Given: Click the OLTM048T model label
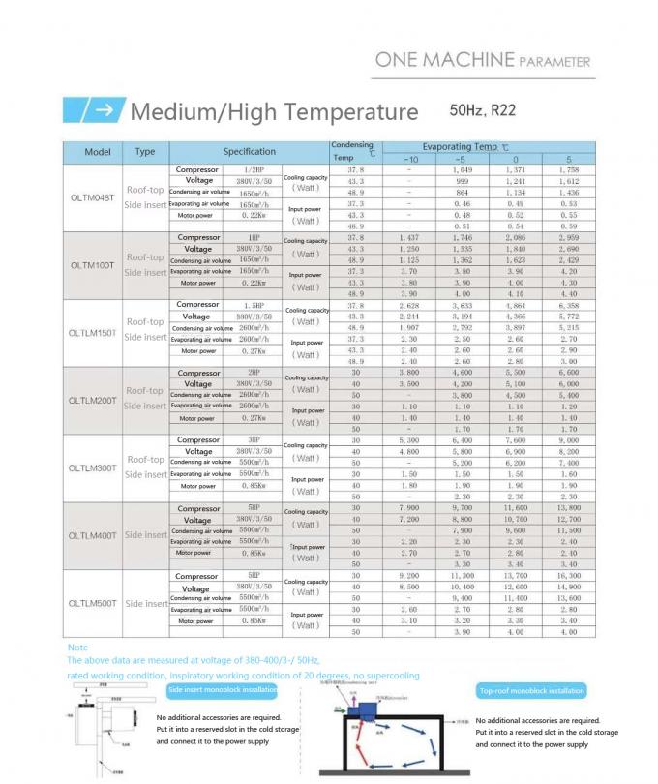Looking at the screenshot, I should click(92, 197).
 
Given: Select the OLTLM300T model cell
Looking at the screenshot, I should click(92, 467).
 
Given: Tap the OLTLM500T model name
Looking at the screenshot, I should click(92, 603).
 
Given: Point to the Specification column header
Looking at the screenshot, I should click(250, 152).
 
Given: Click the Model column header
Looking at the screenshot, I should click(98, 152).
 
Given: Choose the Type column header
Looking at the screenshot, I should click(145, 152).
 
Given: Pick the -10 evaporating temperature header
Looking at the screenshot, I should click(409, 159).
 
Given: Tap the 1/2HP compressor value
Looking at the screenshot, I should click(252, 170).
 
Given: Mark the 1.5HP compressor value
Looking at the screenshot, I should click(252, 305).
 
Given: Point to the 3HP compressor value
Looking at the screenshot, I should click(252, 440).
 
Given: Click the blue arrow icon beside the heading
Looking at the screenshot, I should click(91, 110).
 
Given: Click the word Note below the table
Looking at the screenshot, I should click(77, 647).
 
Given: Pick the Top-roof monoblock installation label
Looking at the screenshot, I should click(531, 690).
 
